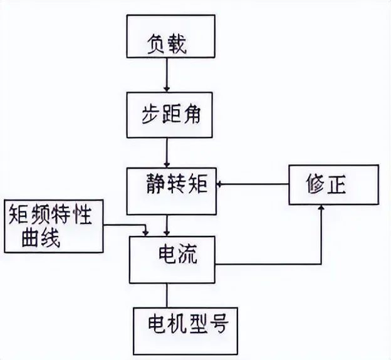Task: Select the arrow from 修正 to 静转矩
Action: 251,184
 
